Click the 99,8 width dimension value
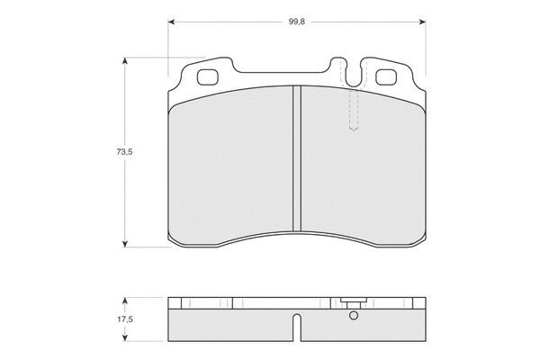pos(296,22)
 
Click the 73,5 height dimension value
pos(124,151)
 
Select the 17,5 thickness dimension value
pos(125,319)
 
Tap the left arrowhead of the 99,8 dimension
pos(172,22)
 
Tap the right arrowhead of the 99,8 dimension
pos(422,22)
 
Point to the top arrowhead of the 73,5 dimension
pos(125,61)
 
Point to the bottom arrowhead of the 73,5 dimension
pos(125,244)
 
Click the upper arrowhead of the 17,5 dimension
pos(125,301)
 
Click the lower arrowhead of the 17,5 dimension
pos(125,337)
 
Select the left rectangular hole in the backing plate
pos(208,76)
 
